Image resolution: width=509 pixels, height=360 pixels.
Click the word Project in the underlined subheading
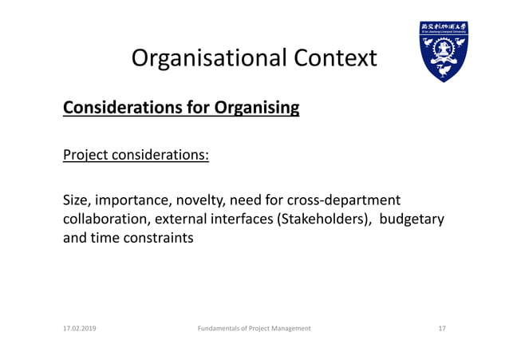pos(85,153)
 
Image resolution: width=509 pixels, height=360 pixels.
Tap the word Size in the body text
pos(77,200)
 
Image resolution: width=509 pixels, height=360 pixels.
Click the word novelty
pos(199,200)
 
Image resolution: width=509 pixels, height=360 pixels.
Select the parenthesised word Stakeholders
pos(324,219)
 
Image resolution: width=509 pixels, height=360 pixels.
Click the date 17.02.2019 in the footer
pos(80,328)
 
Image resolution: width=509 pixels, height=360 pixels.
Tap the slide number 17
pos(442,328)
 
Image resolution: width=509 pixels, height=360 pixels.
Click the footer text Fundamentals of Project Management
pos(254,328)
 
